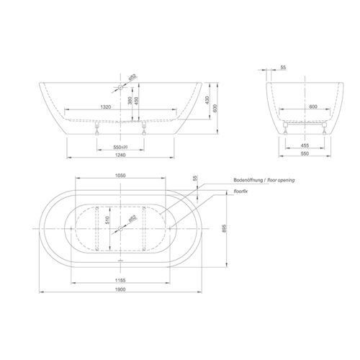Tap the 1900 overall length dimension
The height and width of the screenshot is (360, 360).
click(120, 289)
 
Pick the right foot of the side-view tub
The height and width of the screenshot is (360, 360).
click(145, 130)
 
